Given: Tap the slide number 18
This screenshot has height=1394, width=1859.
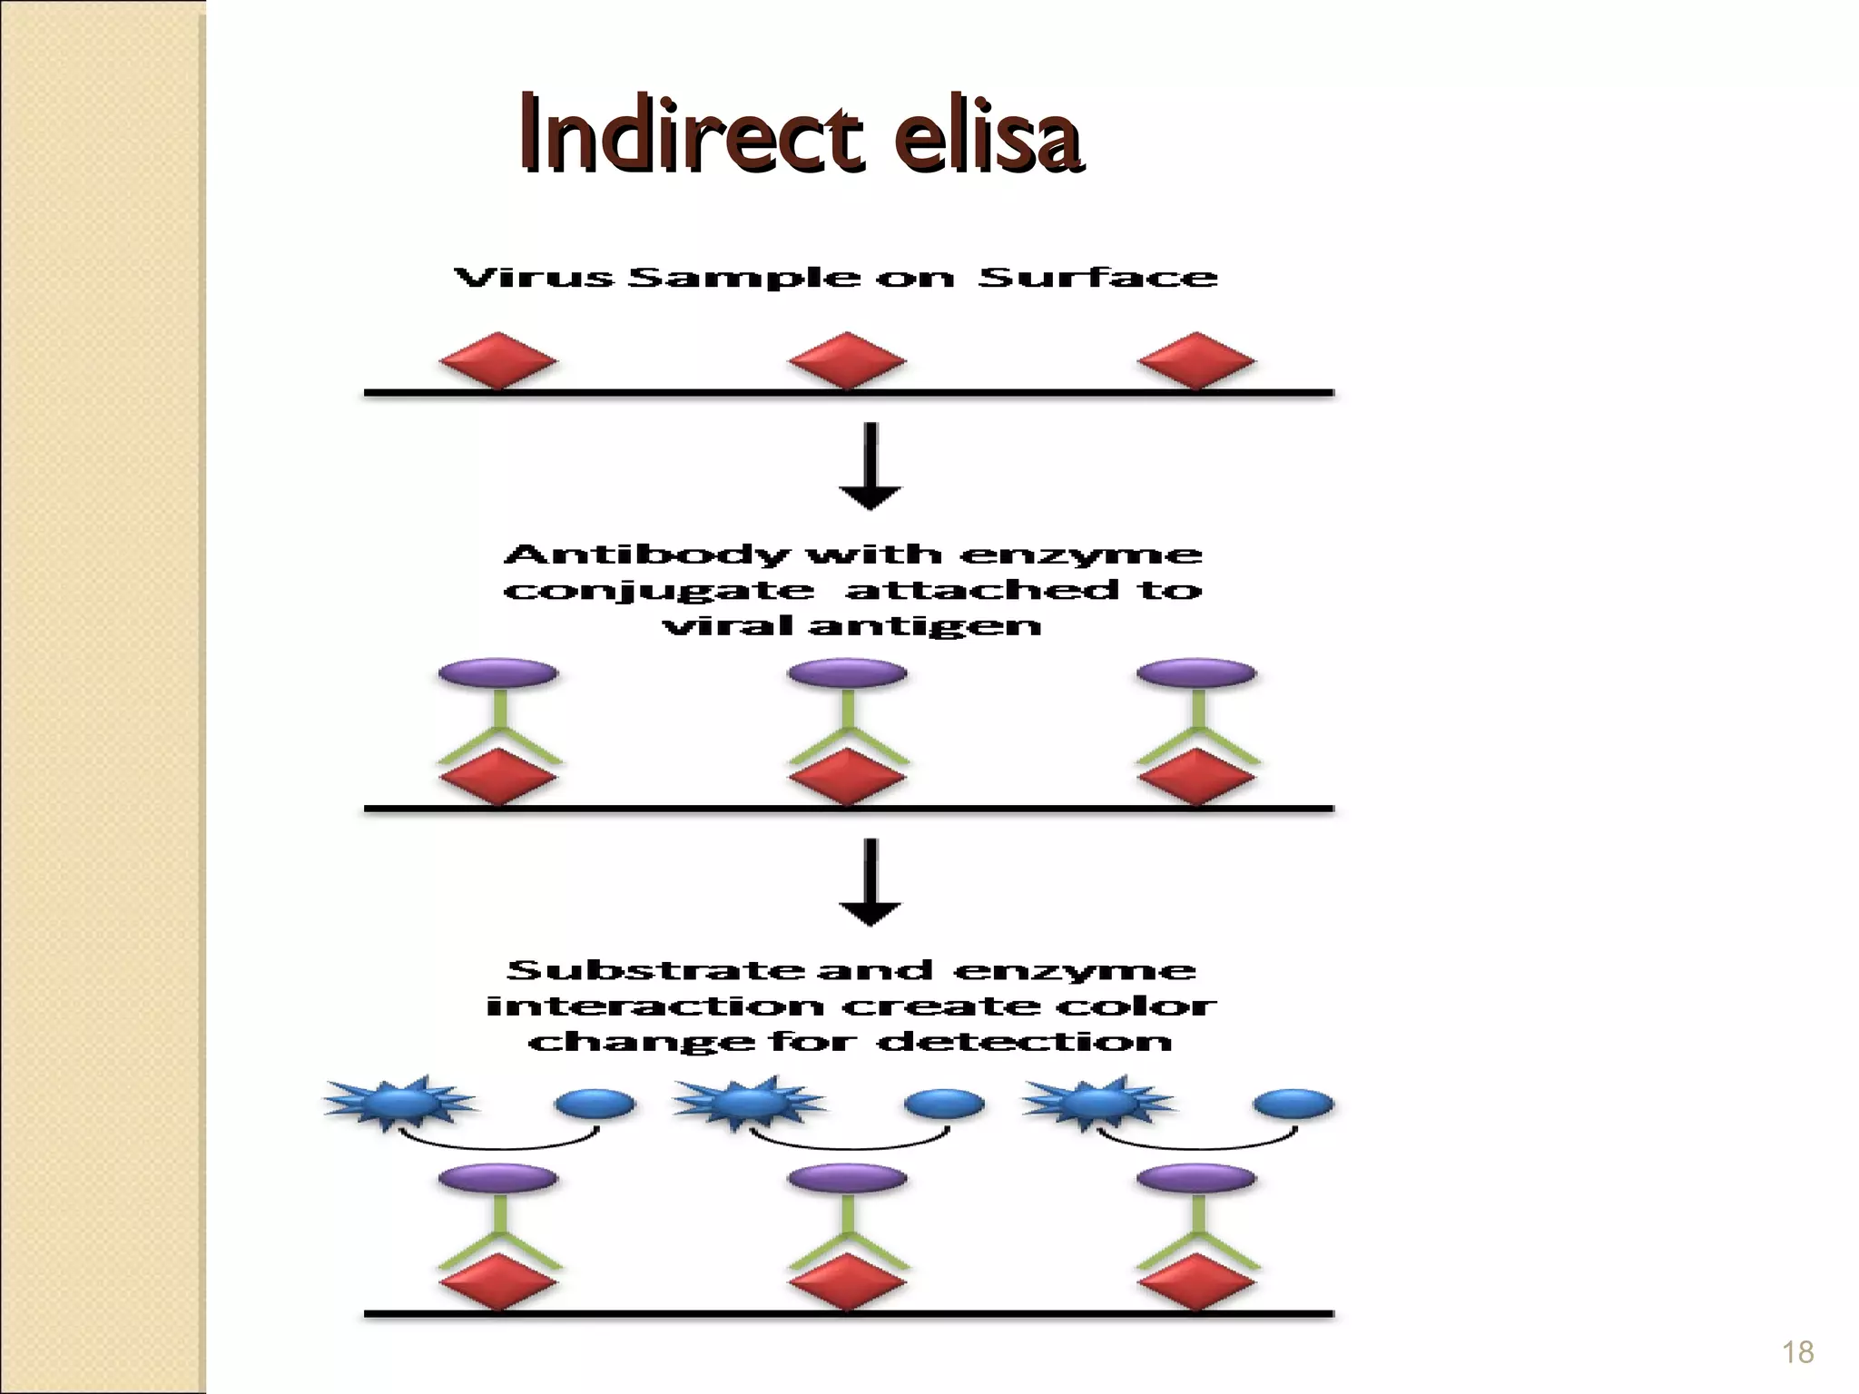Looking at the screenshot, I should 1797,1352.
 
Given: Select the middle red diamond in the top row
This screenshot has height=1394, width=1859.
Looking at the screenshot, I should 847,361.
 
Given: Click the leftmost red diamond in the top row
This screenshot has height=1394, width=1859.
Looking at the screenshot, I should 497,361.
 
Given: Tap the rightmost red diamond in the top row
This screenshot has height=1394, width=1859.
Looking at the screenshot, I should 1196,361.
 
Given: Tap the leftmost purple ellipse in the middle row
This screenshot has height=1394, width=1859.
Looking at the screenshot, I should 497,673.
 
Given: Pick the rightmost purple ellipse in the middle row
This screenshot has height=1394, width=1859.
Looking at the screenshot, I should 1196,673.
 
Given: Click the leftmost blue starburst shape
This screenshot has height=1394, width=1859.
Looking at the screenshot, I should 399,1104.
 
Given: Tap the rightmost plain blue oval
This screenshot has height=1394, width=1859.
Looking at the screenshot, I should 1293,1104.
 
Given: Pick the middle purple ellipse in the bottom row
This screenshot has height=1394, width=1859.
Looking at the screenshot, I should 847,1179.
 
